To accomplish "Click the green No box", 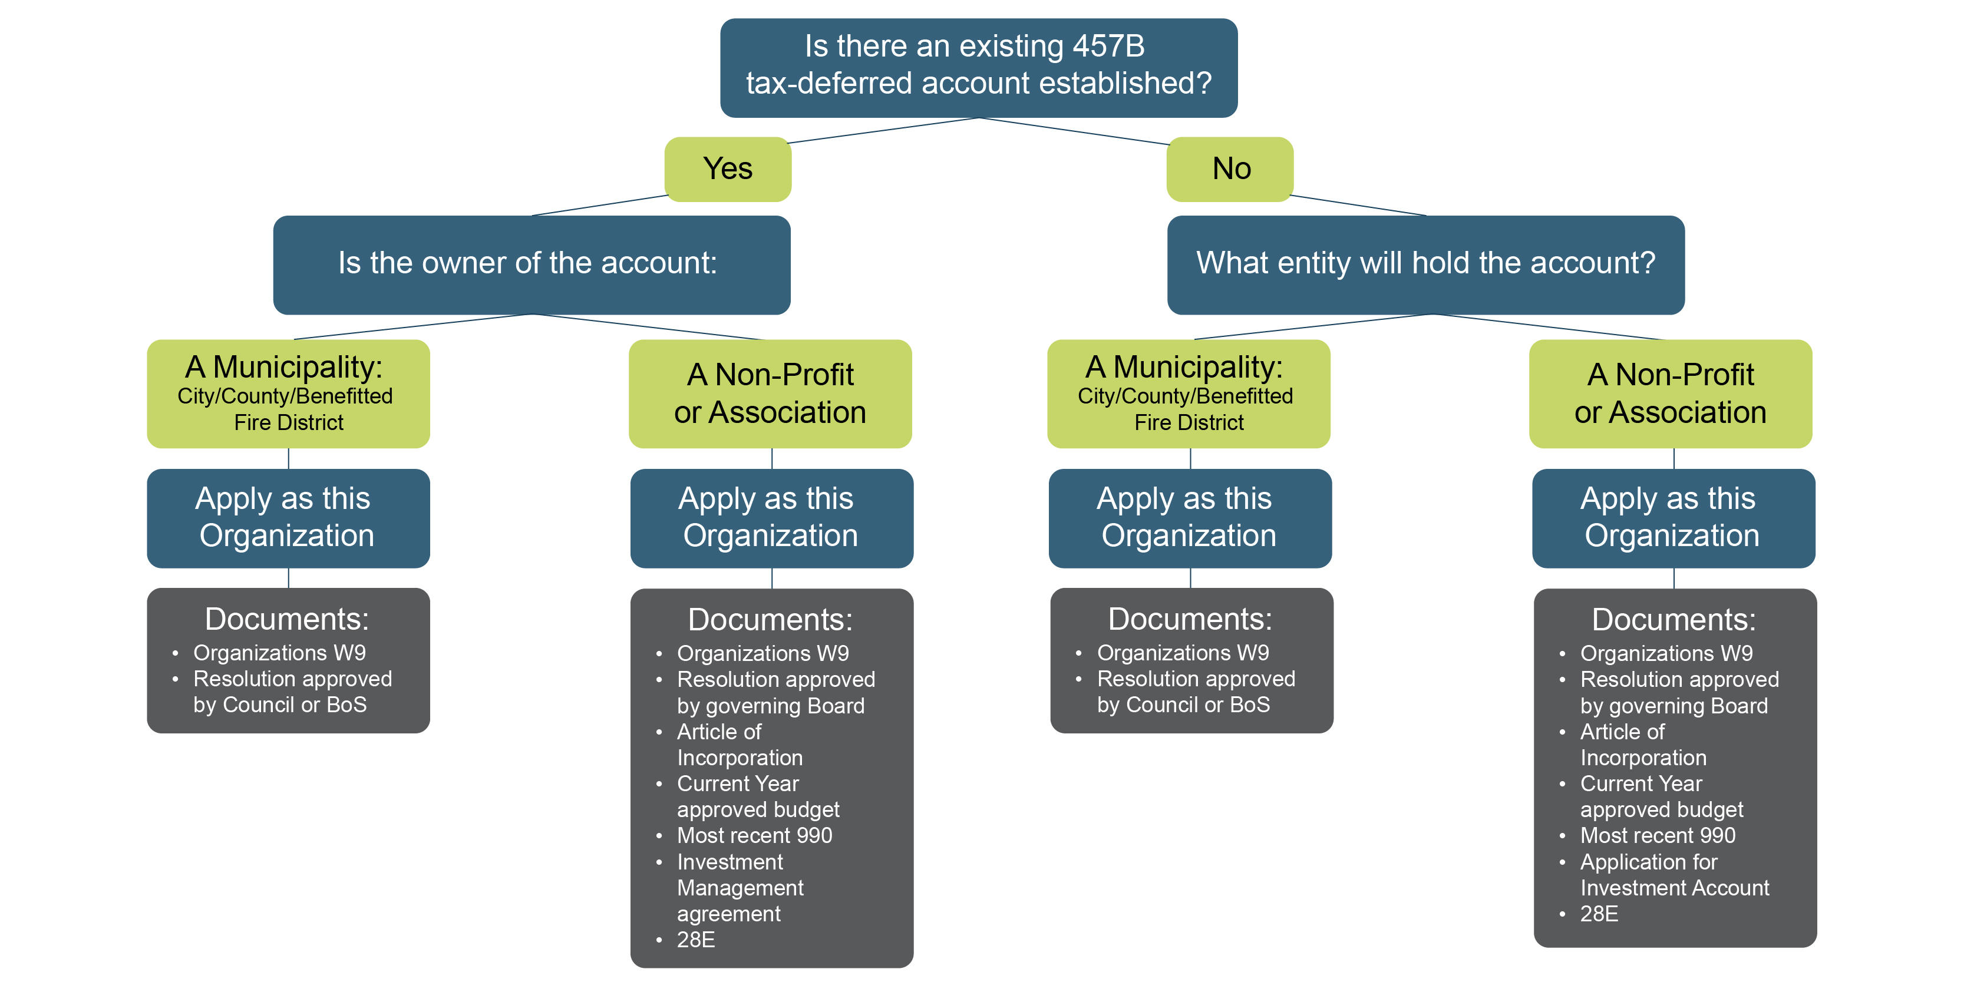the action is (1230, 169).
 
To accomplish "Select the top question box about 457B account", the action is (978, 68).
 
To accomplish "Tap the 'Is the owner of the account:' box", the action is (532, 264).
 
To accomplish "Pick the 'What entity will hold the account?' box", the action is (1426, 264).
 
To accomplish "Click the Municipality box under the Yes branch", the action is (288, 394).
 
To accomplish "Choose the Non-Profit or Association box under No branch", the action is (1671, 394).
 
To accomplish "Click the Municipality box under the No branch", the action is (1189, 394).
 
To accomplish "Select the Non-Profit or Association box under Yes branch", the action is (770, 394).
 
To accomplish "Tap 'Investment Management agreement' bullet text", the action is (740, 888).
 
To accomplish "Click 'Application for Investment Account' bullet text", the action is (1674, 875).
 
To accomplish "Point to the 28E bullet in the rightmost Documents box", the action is (1599, 914).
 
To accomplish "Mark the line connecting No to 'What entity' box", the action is (1358, 206).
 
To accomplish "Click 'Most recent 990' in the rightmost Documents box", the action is (1658, 836).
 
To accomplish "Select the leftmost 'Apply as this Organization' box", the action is (288, 518).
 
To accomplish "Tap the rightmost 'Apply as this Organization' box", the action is (1673, 518).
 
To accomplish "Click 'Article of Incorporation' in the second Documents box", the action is (740, 744).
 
